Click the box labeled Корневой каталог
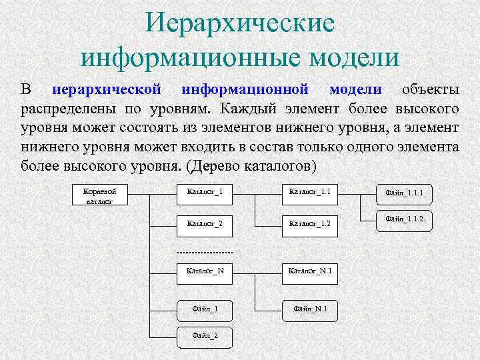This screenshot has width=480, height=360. (98, 195)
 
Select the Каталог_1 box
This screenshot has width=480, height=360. (205, 193)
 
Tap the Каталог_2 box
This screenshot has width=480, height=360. (205, 223)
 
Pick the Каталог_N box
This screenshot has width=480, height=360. (205, 271)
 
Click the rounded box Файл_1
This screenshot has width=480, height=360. (205, 309)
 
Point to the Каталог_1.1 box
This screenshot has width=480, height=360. (309, 193)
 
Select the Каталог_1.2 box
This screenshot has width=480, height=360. (309, 223)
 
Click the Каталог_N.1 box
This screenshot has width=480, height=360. (309, 271)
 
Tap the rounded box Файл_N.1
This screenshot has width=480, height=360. (309, 309)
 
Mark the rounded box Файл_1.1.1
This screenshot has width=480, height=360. (405, 193)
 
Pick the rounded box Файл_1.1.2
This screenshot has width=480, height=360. (405, 219)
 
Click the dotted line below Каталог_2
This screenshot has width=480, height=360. (205, 253)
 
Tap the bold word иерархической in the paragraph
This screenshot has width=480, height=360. (107, 89)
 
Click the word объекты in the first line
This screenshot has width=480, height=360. (429, 89)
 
